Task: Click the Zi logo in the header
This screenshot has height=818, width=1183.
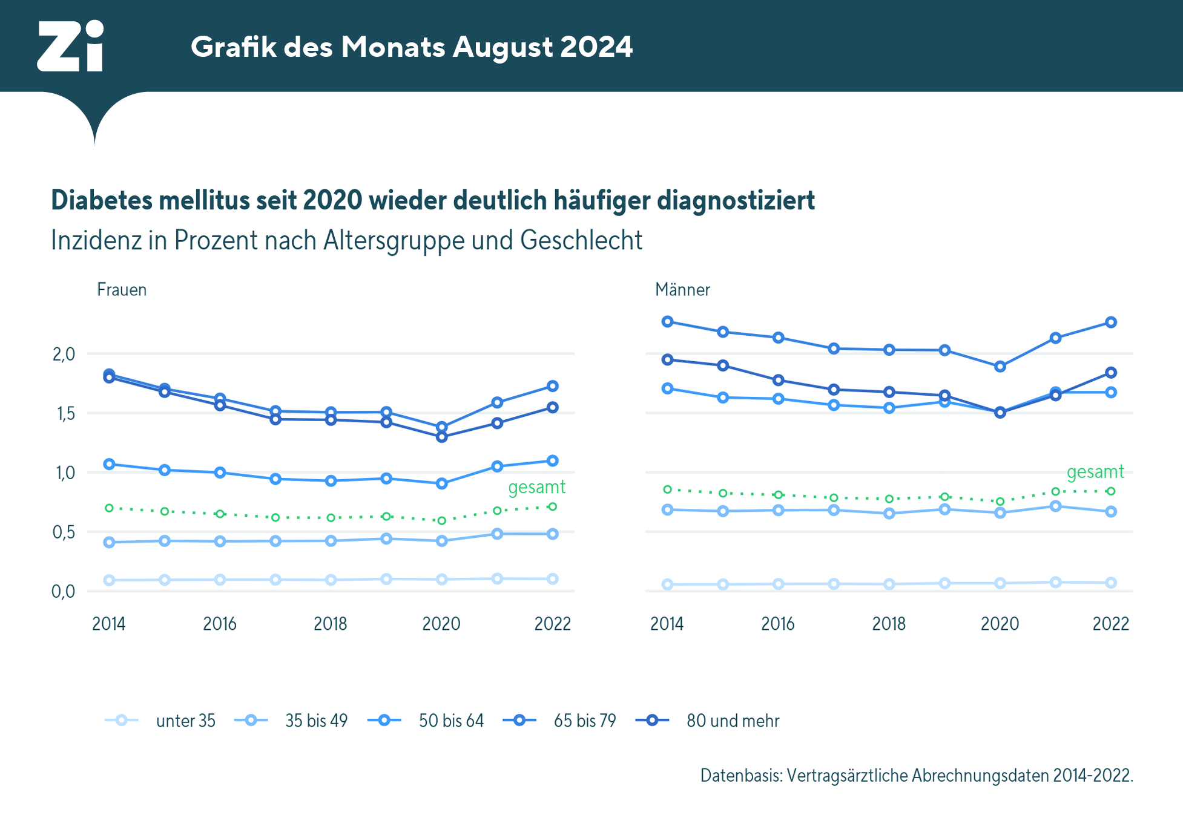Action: point(70,46)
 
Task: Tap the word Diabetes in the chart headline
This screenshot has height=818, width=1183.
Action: point(101,200)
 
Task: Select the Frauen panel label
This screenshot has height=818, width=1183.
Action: point(122,290)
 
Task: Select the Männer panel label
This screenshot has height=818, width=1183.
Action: point(682,290)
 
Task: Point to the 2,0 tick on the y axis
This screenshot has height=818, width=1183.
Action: point(64,354)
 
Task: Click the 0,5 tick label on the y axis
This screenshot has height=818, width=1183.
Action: point(64,532)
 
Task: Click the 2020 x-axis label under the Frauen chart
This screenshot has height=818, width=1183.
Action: point(441,624)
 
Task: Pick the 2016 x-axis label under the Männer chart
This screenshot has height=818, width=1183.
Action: point(778,624)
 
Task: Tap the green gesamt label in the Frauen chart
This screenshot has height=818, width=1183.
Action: point(536,487)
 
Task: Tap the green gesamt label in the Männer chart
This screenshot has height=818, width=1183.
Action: point(1095,472)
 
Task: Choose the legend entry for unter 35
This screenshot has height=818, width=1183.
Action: point(185,721)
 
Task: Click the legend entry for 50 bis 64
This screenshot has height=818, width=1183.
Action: point(451,721)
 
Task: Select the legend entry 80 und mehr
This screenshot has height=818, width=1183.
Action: point(733,721)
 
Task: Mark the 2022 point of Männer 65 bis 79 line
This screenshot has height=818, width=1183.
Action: point(1111,322)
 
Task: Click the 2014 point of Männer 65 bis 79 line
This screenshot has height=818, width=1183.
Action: point(668,321)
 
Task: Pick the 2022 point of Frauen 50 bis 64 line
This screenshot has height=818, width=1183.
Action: point(553,461)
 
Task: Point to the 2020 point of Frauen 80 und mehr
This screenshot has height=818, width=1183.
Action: point(442,437)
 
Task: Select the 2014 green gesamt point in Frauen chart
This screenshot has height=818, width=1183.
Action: point(110,508)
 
